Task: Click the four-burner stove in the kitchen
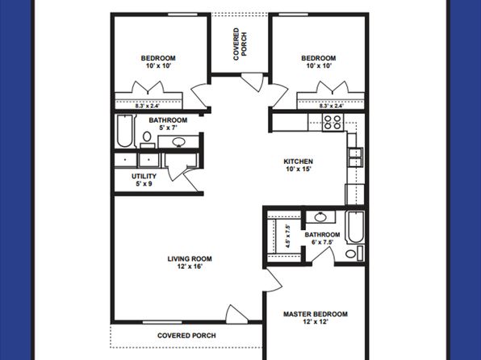[x=333, y=122]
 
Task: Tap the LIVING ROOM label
[x=190, y=259]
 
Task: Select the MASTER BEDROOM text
[x=316, y=314]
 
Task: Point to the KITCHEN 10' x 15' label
[x=298, y=165]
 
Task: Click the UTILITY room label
[x=144, y=176]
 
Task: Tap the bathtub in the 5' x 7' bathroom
[x=124, y=131]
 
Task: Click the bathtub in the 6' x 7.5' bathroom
[x=356, y=227]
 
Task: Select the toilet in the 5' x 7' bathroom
[x=147, y=140]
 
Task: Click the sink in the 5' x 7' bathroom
[x=178, y=142]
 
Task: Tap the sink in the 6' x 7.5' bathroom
[x=320, y=217]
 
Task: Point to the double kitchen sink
[x=356, y=157]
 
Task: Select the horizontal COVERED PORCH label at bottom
[x=186, y=336]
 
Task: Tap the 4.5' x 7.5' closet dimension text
[x=288, y=236]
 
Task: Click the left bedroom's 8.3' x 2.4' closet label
[x=148, y=107]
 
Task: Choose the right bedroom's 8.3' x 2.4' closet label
[x=332, y=106]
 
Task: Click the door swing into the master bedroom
[x=274, y=280]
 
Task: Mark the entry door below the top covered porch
[x=253, y=82]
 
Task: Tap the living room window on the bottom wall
[x=162, y=322]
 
